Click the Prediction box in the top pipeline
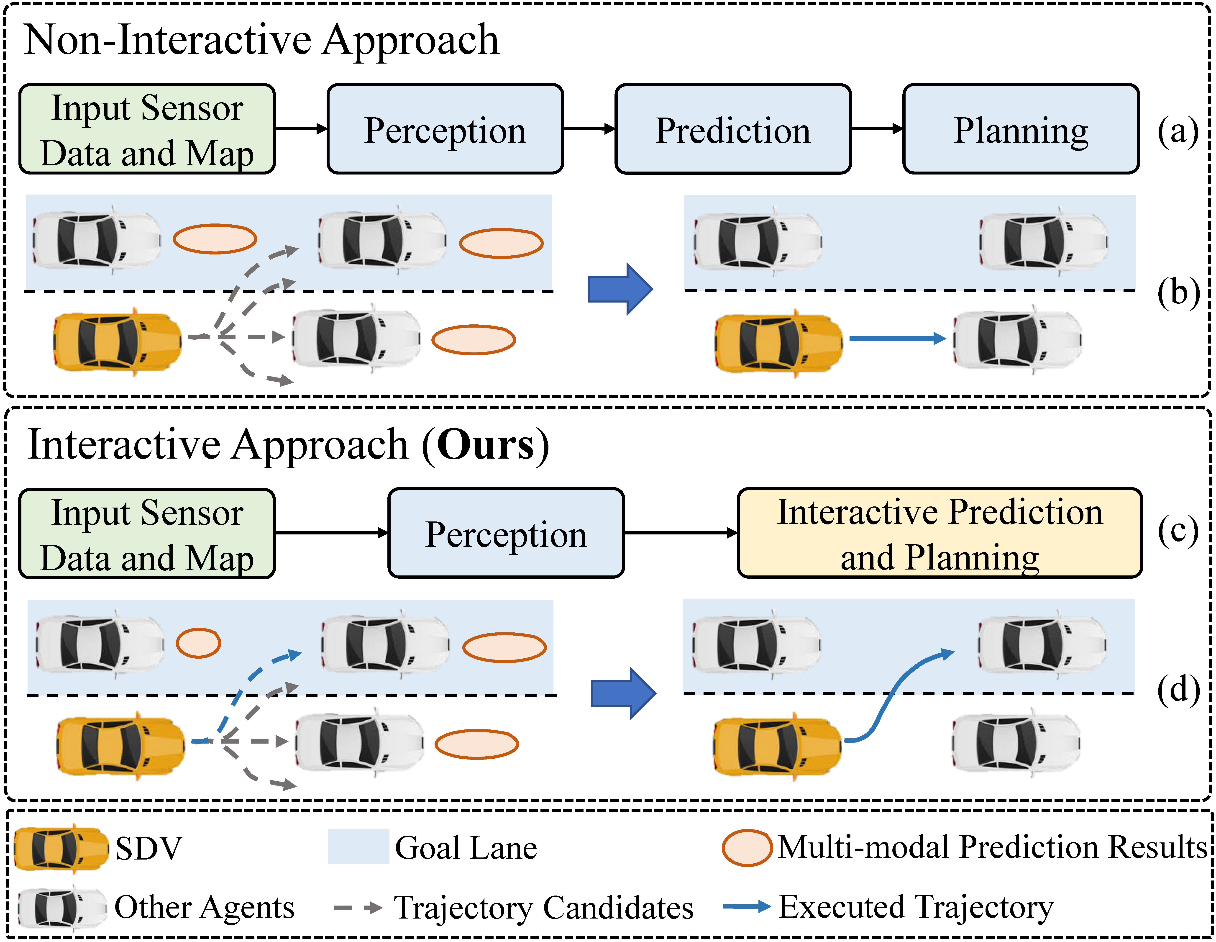(x=733, y=129)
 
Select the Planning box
(x=1021, y=129)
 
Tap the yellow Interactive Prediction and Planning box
(x=939, y=533)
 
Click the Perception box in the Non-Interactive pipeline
(x=445, y=129)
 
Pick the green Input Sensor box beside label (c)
(x=147, y=534)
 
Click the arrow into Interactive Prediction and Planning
(x=680, y=533)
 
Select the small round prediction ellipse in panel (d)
(x=198, y=643)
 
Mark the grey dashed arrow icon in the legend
(x=358, y=907)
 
